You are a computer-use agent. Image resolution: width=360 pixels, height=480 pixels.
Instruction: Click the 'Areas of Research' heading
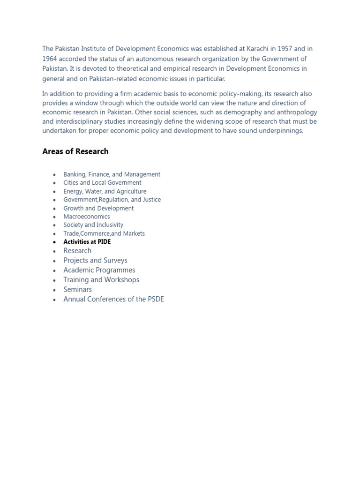(75, 151)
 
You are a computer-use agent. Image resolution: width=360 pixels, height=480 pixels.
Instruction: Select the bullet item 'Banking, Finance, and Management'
(112, 174)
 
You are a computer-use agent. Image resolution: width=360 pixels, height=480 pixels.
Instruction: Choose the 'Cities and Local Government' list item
(102, 183)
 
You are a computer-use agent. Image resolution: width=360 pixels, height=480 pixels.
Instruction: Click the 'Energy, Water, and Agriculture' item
(105, 191)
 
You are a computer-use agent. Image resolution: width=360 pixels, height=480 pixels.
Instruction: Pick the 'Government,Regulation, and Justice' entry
(112, 200)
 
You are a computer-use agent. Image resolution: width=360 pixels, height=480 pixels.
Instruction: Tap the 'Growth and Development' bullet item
(98, 208)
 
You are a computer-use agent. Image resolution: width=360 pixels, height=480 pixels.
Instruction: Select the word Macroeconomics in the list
(87, 217)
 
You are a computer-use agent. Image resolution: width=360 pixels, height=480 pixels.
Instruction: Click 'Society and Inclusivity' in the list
(93, 225)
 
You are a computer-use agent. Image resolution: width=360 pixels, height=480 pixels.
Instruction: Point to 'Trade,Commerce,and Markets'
(104, 233)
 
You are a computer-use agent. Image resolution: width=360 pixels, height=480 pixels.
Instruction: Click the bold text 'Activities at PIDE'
(87, 242)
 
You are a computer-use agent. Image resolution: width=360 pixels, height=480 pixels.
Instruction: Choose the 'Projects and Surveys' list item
(95, 261)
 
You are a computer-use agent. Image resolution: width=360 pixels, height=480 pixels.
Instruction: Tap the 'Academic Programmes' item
(99, 270)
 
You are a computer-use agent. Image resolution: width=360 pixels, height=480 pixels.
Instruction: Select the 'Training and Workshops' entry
(101, 280)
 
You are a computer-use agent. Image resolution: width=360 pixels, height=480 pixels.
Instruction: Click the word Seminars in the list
(77, 290)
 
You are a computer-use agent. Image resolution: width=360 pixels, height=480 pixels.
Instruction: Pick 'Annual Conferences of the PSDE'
(113, 299)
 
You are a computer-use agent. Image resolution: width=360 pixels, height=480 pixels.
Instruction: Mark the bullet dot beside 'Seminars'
(54, 290)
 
